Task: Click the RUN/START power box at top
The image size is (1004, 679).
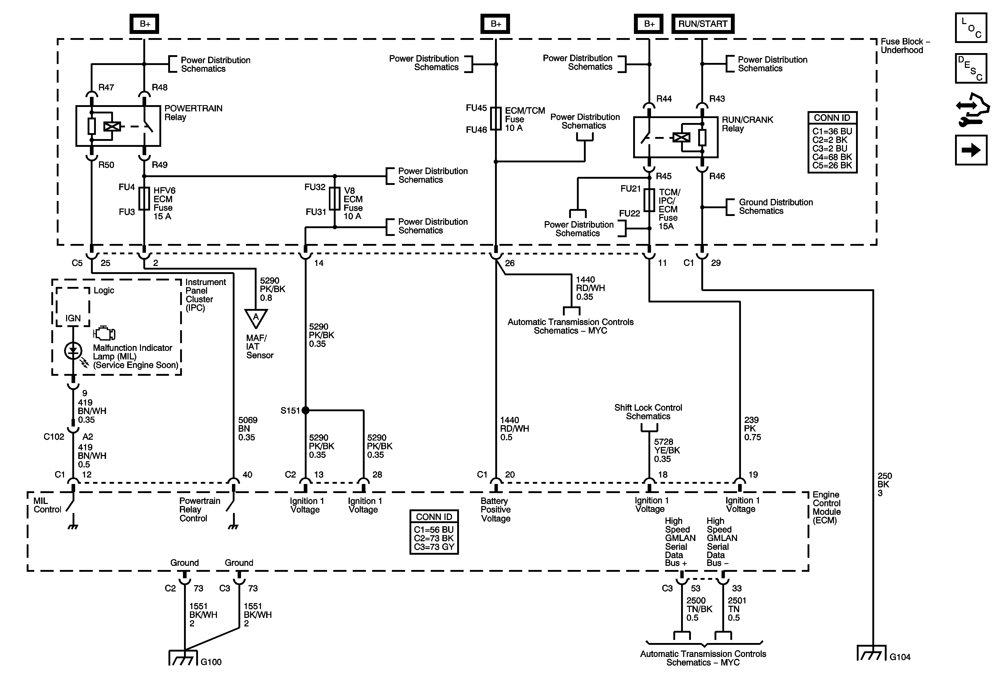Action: tap(702, 24)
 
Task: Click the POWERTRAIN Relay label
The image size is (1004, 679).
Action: tap(193, 113)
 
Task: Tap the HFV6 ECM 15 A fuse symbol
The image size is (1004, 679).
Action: tap(144, 199)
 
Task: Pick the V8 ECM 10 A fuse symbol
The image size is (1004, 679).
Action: tap(334, 199)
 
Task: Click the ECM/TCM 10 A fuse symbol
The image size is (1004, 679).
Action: tap(496, 118)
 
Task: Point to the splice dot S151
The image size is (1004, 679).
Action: tap(306, 410)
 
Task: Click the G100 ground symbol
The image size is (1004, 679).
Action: tap(183, 658)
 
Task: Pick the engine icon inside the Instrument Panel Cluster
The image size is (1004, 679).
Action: tap(104, 333)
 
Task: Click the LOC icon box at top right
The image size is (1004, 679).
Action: tap(971, 28)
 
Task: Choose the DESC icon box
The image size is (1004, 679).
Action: tap(971, 68)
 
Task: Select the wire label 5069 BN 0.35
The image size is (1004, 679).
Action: tap(248, 429)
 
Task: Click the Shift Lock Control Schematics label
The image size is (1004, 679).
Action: tap(648, 412)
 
